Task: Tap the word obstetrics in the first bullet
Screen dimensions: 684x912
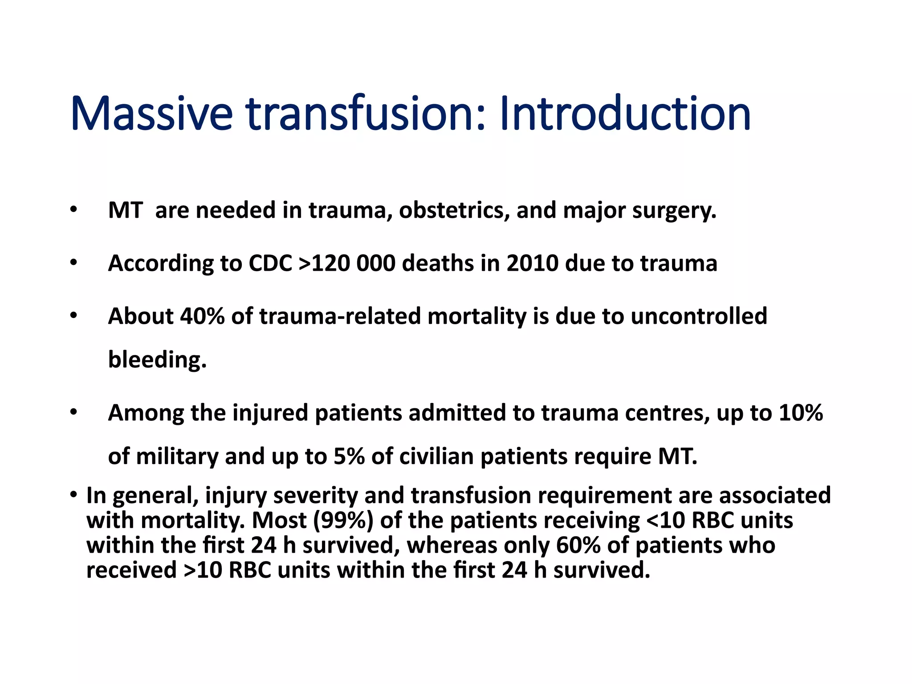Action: [x=454, y=210]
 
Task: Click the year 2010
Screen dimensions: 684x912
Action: [x=532, y=263]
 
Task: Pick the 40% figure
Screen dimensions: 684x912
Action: [x=202, y=316]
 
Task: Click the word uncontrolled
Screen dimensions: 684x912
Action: [x=699, y=316]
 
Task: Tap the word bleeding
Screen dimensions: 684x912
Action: [x=157, y=360]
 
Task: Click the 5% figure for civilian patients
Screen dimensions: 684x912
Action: [x=349, y=456]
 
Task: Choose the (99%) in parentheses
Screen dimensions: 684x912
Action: [x=343, y=520]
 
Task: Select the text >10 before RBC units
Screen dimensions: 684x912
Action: [x=203, y=570]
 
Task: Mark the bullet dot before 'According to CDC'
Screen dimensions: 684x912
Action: [x=73, y=263]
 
